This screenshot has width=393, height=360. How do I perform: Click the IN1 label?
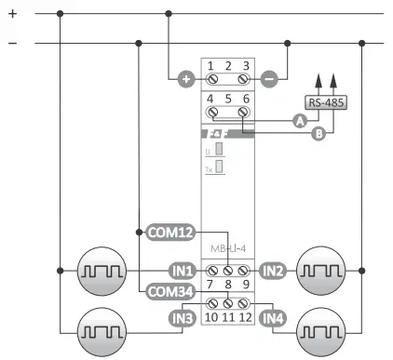click(x=182, y=271)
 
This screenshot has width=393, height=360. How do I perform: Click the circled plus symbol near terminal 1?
click(x=185, y=79)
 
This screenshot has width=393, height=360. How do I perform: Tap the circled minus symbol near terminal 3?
click(x=269, y=79)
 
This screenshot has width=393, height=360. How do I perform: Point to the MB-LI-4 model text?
click(x=227, y=248)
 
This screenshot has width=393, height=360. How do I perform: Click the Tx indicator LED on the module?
click(x=219, y=168)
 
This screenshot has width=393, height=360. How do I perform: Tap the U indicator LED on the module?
click(x=219, y=148)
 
